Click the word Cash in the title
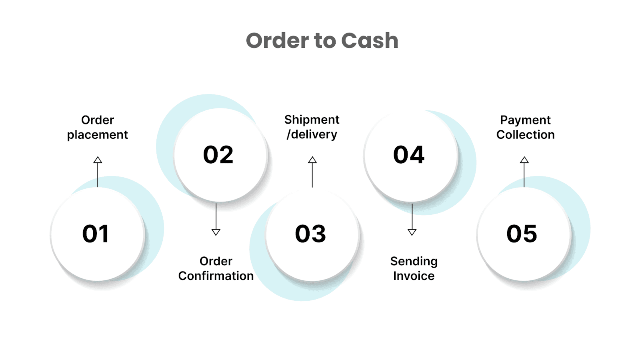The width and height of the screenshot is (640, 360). click(x=370, y=41)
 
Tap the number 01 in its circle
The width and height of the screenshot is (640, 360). click(x=95, y=234)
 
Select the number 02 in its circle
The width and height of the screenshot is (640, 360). click(x=218, y=155)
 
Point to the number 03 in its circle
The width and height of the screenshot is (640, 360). click(x=310, y=234)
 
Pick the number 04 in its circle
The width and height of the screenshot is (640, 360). click(x=408, y=155)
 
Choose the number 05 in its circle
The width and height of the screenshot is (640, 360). click(x=522, y=234)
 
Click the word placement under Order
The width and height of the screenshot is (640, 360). click(x=98, y=135)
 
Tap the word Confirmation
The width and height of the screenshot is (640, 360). click(x=216, y=276)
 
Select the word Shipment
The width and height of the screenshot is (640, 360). click(x=312, y=120)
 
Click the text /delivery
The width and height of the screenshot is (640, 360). click(x=312, y=134)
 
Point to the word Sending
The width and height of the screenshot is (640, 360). click(x=414, y=261)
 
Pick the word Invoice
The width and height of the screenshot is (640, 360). click(x=414, y=276)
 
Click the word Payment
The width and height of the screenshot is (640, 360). click(x=525, y=120)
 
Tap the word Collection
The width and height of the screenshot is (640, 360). click(x=525, y=135)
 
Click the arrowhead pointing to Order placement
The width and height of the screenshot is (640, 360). click(x=98, y=160)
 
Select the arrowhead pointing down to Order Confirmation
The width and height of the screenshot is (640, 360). click(x=216, y=232)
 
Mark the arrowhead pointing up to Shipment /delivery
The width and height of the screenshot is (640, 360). click(x=312, y=160)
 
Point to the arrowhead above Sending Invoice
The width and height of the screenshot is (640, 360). click(x=412, y=232)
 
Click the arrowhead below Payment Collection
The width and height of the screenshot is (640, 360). click(x=524, y=160)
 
